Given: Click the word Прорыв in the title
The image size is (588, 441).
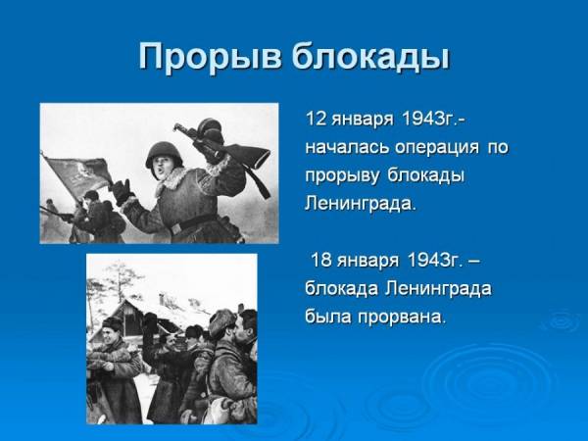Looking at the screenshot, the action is [210, 57].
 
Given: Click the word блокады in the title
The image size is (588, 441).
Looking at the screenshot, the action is [370, 57].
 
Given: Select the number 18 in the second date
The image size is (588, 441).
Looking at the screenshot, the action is [321, 260].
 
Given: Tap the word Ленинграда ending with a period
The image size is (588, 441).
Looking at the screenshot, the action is [361, 205].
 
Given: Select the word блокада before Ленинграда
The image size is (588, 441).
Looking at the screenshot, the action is [341, 289].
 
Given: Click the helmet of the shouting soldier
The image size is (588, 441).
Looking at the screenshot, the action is [163, 153].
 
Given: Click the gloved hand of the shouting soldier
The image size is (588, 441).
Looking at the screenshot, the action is [122, 191].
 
